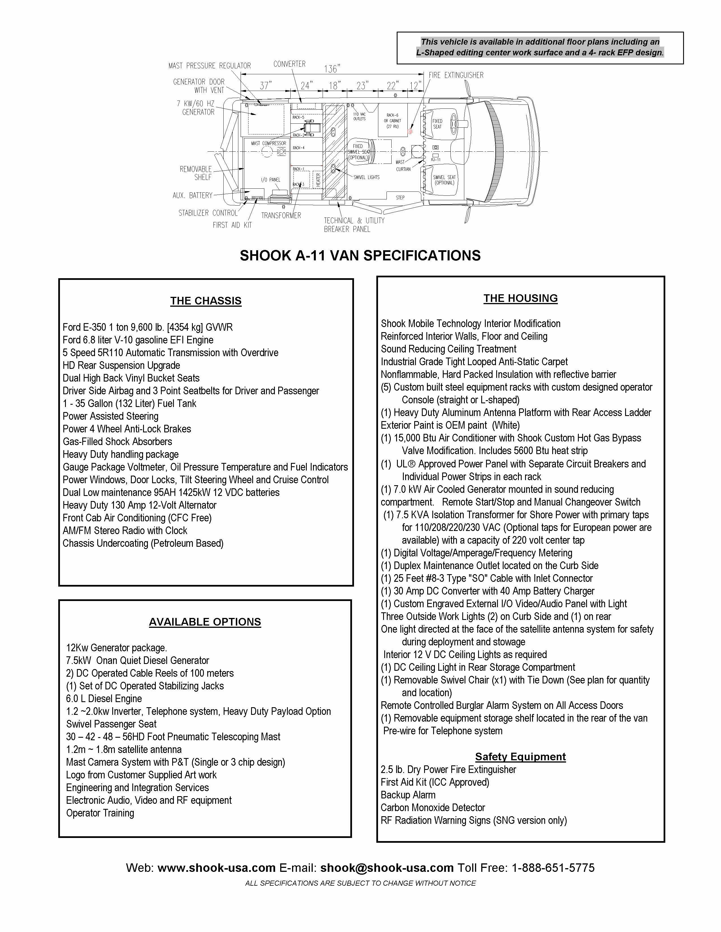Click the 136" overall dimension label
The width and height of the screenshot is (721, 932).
(332, 68)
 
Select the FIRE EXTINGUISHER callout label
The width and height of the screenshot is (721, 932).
(456, 75)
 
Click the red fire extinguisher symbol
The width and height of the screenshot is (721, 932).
(410, 131)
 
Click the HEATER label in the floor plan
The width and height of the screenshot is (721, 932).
(318, 180)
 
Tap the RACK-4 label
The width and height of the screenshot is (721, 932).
(299, 148)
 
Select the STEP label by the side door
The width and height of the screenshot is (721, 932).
(400, 198)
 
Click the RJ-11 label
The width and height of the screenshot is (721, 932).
(436, 159)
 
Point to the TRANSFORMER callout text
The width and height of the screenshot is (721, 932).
(281, 215)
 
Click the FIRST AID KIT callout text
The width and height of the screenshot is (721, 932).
(232, 225)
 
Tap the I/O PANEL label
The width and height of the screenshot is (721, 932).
(270, 180)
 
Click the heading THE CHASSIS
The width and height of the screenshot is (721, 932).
(206, 301)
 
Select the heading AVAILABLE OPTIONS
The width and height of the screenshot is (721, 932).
(205, 622)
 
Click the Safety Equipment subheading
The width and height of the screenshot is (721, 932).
(520, 757)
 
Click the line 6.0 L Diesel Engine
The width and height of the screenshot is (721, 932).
(104, 698)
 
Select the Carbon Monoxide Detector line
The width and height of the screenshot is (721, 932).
(433, 808)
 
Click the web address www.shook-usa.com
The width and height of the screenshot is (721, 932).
(217, 868)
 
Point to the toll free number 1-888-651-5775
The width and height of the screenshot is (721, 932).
(553, 868)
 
